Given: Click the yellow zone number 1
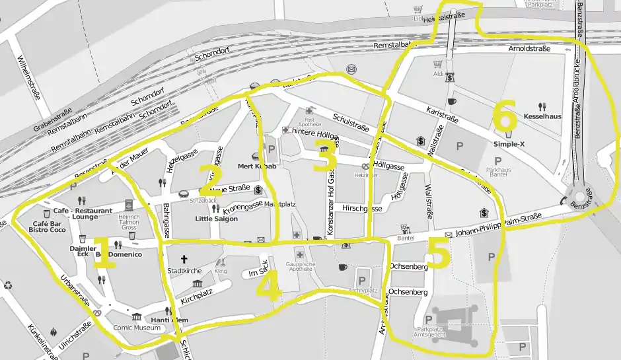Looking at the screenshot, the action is (102, 252).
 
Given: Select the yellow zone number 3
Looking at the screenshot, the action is (324, 157).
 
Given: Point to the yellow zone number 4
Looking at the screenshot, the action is (270, 286).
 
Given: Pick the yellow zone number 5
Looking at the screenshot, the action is (439, 252).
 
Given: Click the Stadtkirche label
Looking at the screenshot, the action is (184, 271).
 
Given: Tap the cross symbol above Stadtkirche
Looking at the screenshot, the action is (184, 259).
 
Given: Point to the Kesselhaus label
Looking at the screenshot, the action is (542, 116).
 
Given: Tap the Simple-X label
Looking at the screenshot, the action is (508, 143).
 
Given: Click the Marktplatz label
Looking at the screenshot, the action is (279, 205).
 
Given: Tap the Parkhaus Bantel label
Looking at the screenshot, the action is (498, 173).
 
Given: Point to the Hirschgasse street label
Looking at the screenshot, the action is (362, 207).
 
